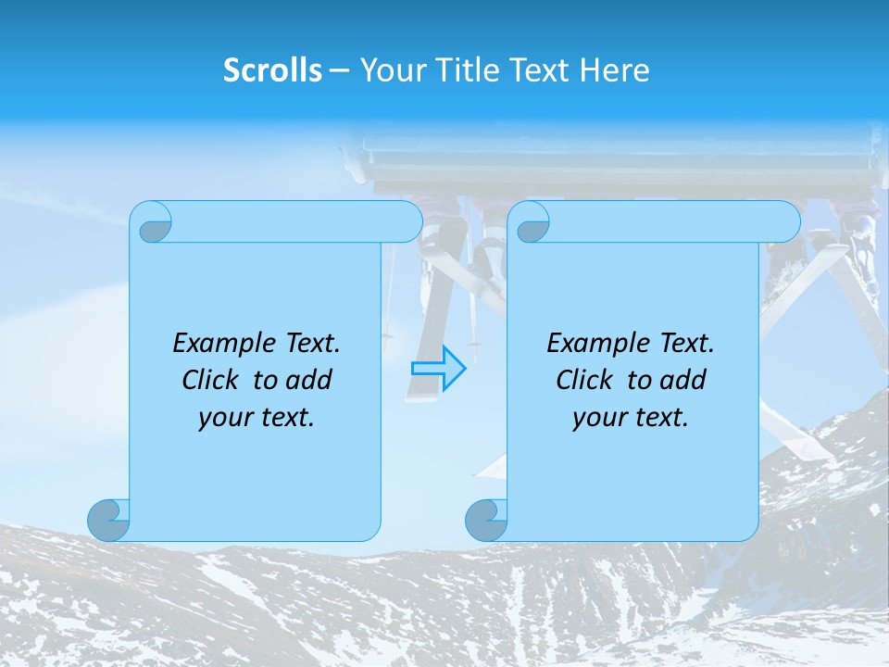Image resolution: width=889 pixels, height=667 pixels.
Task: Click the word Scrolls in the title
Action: coord(273,70)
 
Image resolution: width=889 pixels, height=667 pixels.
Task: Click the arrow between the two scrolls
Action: coord(439,368)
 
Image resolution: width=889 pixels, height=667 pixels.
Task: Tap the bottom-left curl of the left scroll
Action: coord(109,520)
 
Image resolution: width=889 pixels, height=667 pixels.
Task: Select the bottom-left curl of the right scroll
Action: coord(487,520)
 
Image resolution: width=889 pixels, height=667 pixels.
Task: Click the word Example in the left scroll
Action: coord(222,344)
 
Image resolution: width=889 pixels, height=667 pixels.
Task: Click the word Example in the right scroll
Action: coord(596,344)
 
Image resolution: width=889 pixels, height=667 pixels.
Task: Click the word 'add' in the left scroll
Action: coord(309,380)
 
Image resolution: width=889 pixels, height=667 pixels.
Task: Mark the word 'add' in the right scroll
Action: coord(683,380)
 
